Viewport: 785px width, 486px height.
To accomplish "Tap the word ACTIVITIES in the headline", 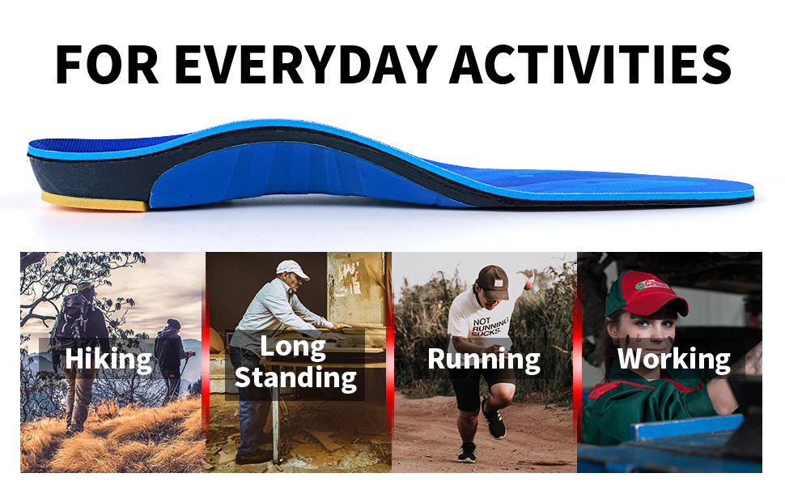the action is pyautogui.click(x=591, y=65).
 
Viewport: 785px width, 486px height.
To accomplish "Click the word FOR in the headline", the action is pyautogui.click(x=107, y=65).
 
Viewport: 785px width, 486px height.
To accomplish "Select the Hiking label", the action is pyautogui.click(x=108, y=359).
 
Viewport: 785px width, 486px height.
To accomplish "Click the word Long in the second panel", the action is pyautogui.click(x=292, y=347).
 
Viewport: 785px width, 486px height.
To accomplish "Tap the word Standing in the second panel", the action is pyautogui.click(x=295, y=377).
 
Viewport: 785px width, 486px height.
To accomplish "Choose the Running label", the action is pyautogui.click(x=484, y=360).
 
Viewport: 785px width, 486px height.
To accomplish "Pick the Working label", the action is pyautogui.click(x=674, y=360).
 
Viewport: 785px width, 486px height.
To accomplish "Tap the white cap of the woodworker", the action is pyautogui.click(x=292, y=269).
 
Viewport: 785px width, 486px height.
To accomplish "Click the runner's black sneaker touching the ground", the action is pyautogui.click(x=467, y=452).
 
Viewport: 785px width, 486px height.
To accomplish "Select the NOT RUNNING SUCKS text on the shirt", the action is pyautogui.click(x=490, y=326).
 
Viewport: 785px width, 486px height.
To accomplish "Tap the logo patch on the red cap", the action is pyautogui.click(x=651, y=284).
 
